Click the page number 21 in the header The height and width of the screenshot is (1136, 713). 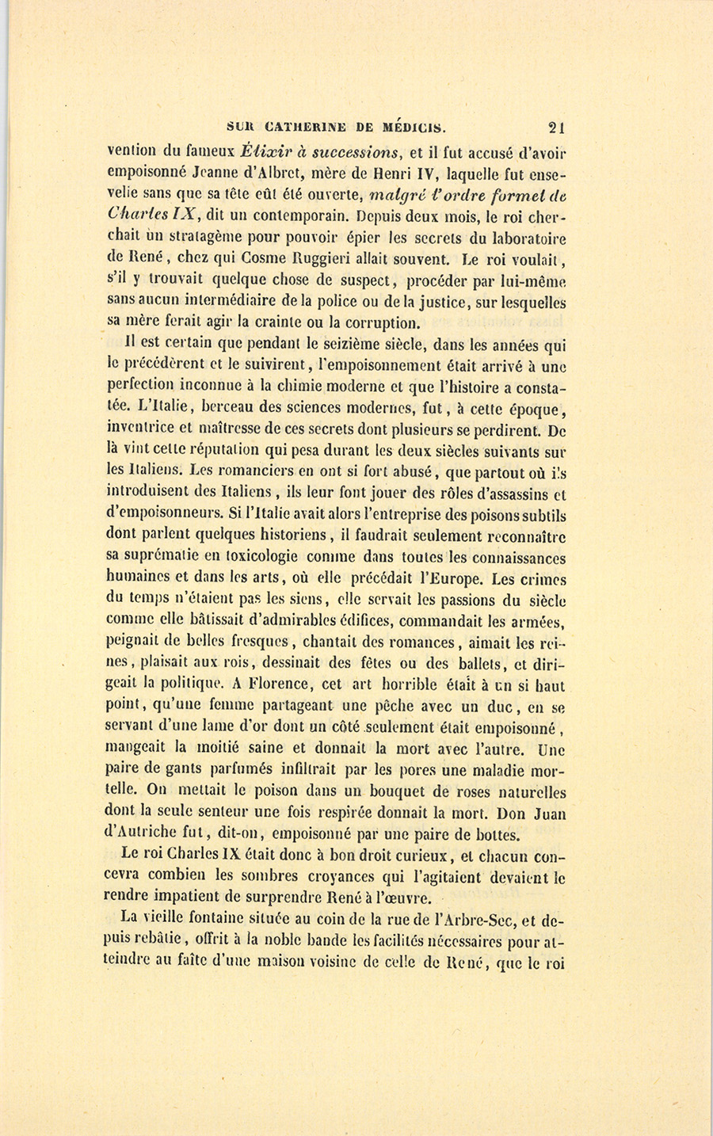tap(555, 126)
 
